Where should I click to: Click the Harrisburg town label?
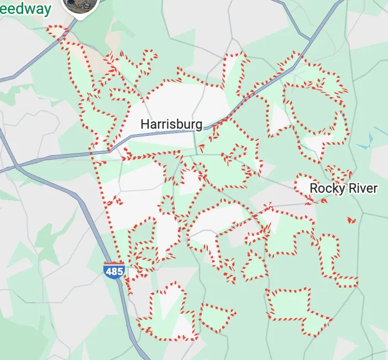tap(171, 124)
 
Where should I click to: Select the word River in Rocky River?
tap(362, 188)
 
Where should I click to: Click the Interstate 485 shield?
tap(113, 271)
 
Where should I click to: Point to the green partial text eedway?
tap(26, 8)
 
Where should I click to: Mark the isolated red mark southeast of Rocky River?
tap(351, 220)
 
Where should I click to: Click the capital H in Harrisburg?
tap(145, 124)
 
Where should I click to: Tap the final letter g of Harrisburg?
tap(198, 125)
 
